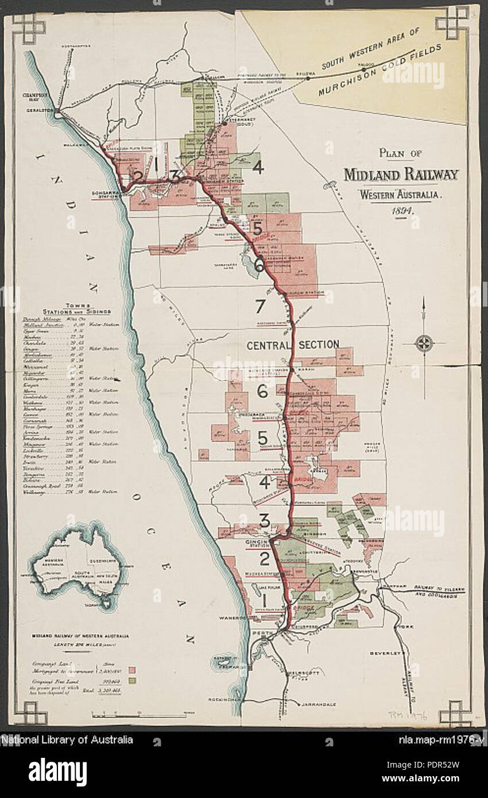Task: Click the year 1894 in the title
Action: [x=401, y=210]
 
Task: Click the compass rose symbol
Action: [x=425, y=344]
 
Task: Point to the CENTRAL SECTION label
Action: [x=292, y=344]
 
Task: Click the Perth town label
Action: [x=262, y=633]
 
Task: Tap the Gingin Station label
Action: [x=260, y=543]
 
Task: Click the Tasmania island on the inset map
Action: [x=106, y=602]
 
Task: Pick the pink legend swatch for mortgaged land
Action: [x=133, y=669]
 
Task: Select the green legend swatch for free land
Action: [x=133, y=681]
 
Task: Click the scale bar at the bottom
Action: [x=138, y=714]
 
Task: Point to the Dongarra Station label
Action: [x=106, y=194]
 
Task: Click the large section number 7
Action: [x=260, y=307]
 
